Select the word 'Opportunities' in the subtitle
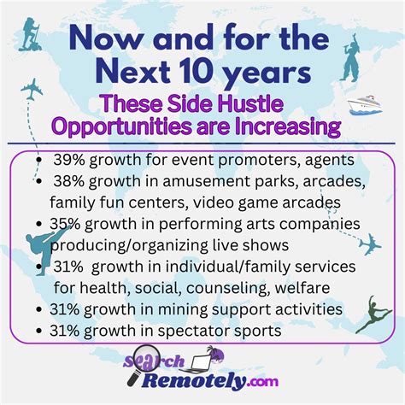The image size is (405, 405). tap(111, 127)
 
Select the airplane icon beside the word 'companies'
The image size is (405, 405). tap(370, 245)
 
